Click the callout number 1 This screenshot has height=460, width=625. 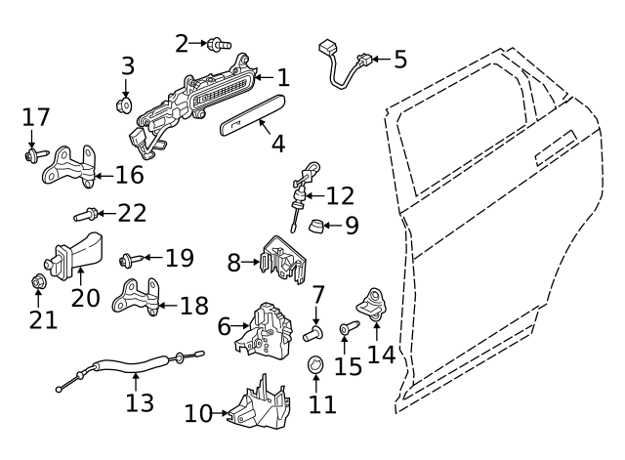(x=282, y=78)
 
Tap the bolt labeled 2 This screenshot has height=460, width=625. (x=219, y=43)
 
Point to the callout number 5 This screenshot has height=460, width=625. (x=399, y=60)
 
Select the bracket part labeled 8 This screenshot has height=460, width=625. (x=284, y=259)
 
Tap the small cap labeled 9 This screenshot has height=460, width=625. (x=315, y=228)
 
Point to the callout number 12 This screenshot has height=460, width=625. (x=340, y=196)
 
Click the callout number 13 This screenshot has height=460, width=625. (x=141, y=401)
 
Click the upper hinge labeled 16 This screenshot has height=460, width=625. (x=71, y=167)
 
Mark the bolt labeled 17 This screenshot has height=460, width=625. (x=35, y=153)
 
